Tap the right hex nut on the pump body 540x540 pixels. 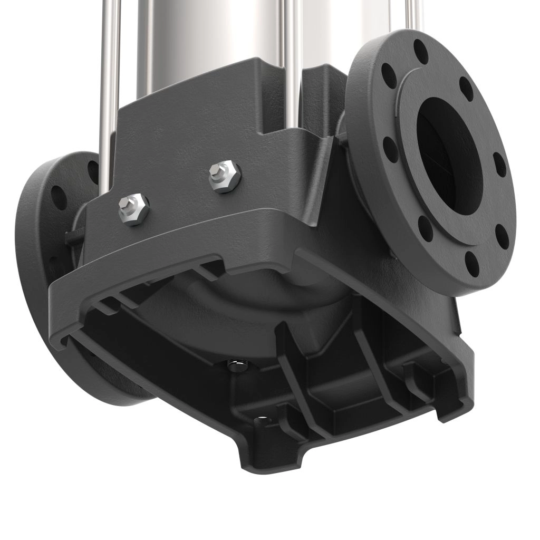pos(224,175)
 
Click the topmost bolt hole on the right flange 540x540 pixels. pos(421,52)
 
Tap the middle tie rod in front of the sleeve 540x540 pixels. pos(292,63)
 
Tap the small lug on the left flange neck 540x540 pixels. pos(71,237)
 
